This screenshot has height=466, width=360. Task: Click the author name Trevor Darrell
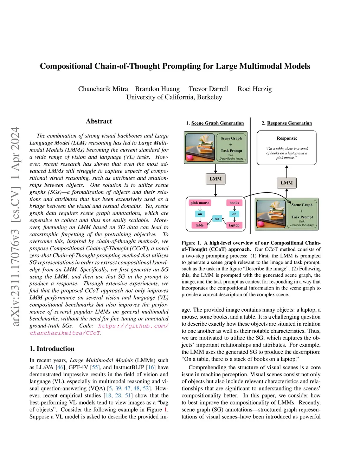pos(208,89)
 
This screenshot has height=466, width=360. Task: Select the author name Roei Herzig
pos(255,89)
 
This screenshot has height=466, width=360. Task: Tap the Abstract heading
pos(99,121)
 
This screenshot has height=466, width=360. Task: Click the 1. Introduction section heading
pos(52,349)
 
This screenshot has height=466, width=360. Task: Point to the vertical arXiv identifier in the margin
pos(15,226)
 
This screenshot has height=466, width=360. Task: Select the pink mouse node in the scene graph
pos(200,203)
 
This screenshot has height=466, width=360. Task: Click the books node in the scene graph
pos(234,203)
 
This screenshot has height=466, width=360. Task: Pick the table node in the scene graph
pos(199,225)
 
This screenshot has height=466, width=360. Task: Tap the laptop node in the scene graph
pos(234,225)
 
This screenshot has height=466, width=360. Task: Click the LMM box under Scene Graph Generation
pos(216,179)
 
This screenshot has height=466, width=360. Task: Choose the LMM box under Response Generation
pos(287,183)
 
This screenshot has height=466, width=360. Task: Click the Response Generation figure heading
pos(289,123)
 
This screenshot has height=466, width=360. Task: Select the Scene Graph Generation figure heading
pos(217,123)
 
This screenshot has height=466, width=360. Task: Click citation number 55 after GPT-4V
pos(95,367)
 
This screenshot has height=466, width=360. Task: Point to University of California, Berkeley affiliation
pos(174,97)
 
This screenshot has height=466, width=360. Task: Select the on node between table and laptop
pos(217,219)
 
